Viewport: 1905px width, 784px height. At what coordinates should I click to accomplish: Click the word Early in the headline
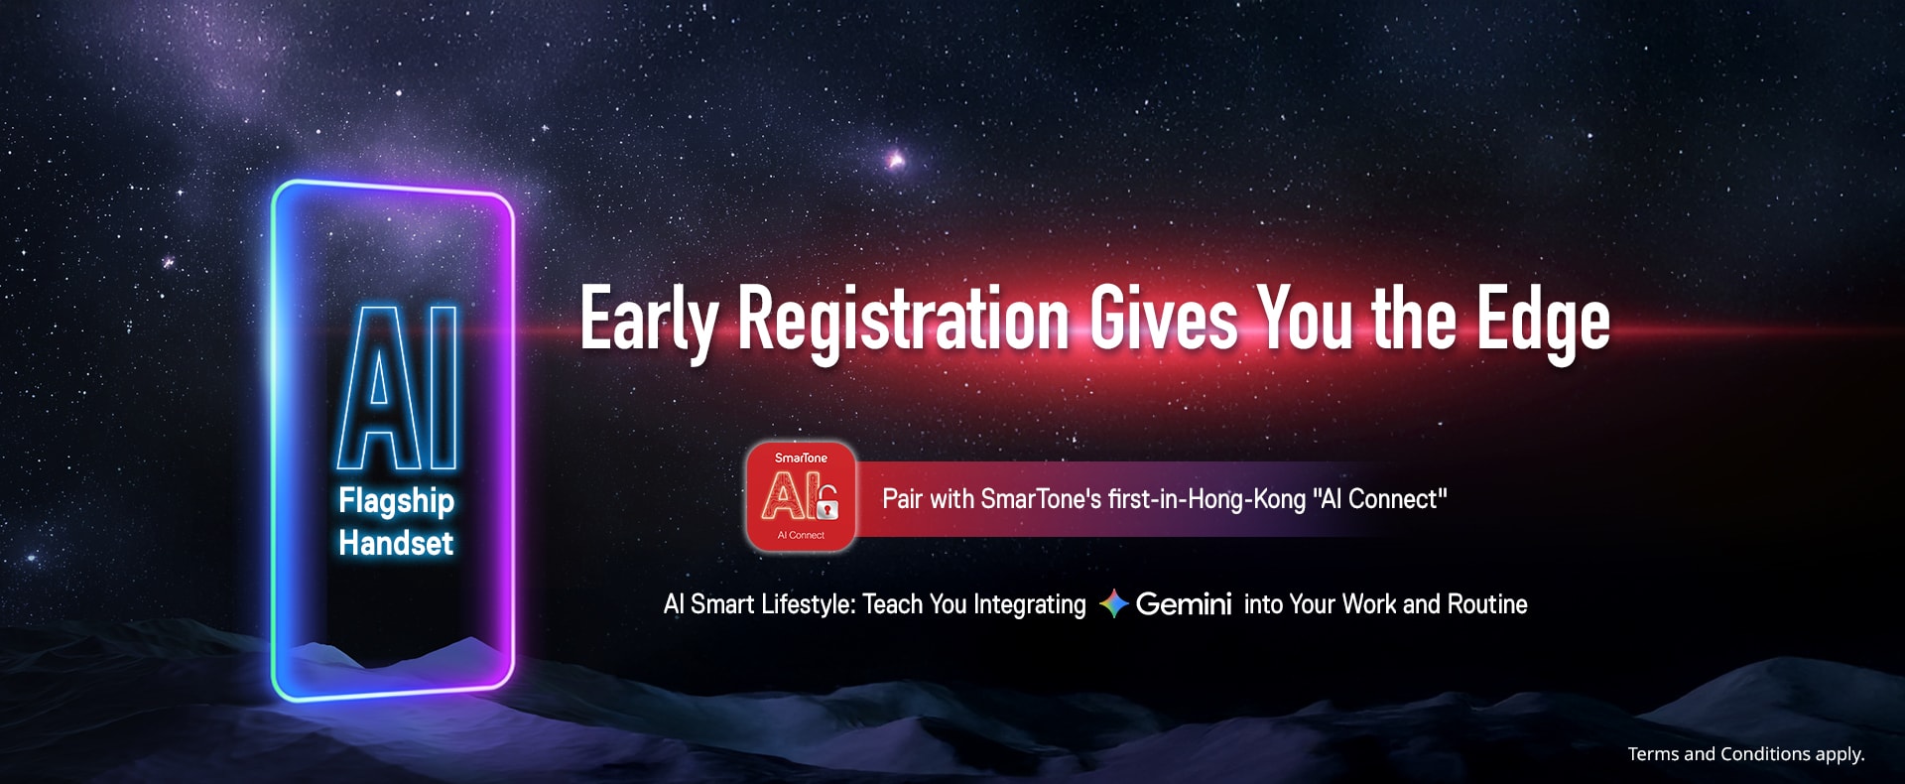649,320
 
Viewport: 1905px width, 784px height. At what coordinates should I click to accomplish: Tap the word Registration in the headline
904,320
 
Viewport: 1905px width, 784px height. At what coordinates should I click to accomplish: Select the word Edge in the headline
1543,320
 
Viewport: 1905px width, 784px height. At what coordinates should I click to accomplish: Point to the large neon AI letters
398,387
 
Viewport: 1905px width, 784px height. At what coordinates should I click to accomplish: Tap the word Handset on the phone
396,543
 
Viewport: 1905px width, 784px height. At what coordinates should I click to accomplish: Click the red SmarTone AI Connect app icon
801,495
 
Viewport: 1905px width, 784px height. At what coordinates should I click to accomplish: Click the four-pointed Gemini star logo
1113,603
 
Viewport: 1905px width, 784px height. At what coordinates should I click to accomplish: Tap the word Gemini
1183,603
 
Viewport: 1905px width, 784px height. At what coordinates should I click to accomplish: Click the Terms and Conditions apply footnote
1746,754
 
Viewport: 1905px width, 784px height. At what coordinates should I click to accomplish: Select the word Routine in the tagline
1487,603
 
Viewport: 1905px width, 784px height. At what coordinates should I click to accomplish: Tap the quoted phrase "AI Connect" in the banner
1380,498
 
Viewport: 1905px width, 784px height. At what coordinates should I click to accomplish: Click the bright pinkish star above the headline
896,159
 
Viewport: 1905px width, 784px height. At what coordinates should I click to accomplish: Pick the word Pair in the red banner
903,498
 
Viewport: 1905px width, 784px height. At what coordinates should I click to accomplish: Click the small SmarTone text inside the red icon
801,457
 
